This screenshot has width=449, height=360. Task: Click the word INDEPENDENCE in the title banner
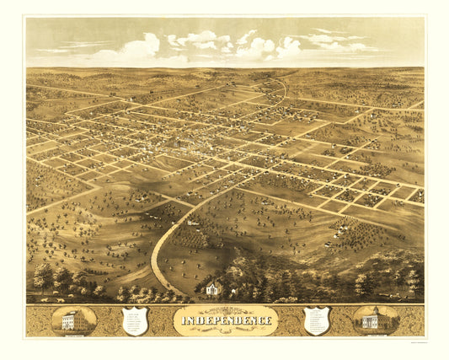coord(225,320)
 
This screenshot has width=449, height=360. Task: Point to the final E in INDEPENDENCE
coord(270,320)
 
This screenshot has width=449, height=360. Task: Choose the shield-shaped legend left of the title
coord(135,320)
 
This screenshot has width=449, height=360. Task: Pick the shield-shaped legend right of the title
coord(317,320)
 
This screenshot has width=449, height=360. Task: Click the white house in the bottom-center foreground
coord(214,288)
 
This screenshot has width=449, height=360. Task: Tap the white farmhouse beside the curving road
coord(193,223)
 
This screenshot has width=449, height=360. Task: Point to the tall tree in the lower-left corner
coord(42,274)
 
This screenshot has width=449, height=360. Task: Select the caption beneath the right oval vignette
coord(376,335)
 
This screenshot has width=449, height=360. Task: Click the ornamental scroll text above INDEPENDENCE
coord(225,309)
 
